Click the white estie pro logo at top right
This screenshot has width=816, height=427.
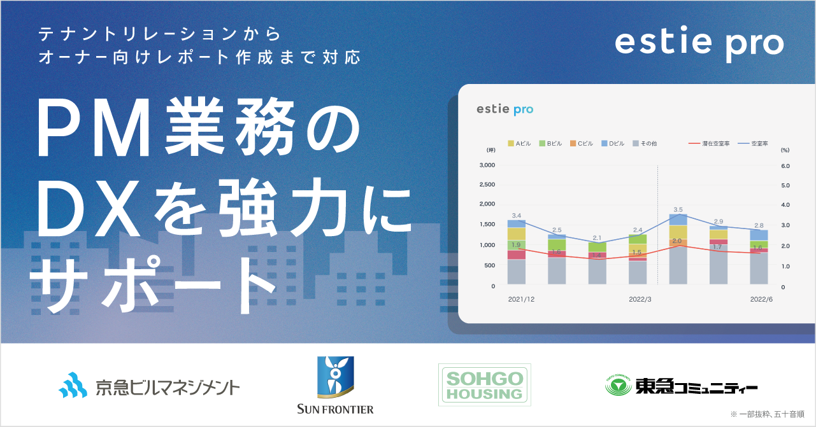point(699,43)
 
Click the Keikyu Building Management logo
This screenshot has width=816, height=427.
point(149,386)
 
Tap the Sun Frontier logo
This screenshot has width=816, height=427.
point(335,385)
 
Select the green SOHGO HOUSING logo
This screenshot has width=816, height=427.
point(485,385)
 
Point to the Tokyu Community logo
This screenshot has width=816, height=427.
point(681,386)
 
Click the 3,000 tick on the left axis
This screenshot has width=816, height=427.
point(486,165)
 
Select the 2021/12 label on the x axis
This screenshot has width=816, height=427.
point(521,298)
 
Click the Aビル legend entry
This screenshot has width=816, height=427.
point(519,144)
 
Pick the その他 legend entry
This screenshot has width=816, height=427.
point(644,144)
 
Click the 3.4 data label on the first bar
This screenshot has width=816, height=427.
point(517,216)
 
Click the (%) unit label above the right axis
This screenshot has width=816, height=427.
point(785,150)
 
